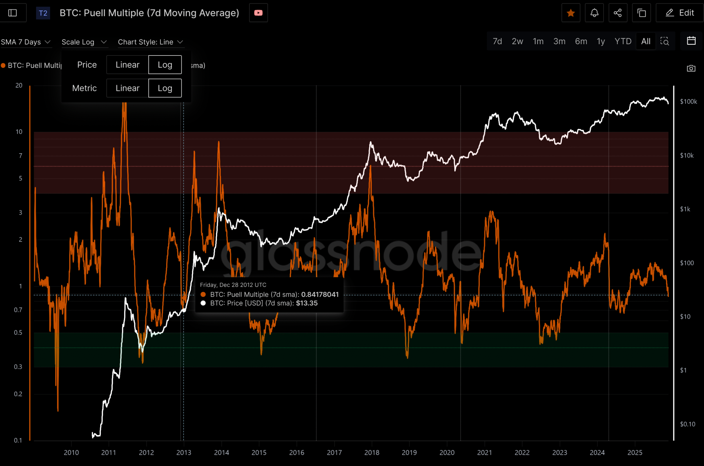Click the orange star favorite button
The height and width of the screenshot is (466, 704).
click(x=571, y=13)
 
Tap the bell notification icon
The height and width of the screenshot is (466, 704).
click(x=594, y=13)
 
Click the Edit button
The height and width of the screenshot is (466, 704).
click(x=680, y=13)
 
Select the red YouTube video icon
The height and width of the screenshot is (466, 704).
click(x=258, y=13)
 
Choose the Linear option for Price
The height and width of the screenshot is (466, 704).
click(x=127, y=64)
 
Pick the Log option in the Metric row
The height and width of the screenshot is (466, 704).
click(x=165, y=88)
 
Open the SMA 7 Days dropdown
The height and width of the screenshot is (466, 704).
click(x=26, y=42)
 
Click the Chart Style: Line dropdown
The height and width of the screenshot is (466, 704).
click(x=150, y=42)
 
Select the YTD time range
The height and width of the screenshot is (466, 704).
click(x=623, y=41)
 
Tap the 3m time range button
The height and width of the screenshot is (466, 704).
click(x=559, y=41)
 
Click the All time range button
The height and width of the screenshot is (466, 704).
click(x=646, y=41)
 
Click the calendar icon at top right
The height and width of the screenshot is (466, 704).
click(x=691, y=41)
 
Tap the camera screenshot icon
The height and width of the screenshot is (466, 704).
click(x=691, y=68)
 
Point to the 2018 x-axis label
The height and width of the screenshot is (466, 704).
click(x=372, y=452)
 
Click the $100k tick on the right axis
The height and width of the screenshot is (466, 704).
click(x=688, y=102)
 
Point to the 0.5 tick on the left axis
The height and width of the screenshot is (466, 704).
click(x=18, y=333)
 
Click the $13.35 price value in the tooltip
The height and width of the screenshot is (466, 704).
click(x=307, y=303)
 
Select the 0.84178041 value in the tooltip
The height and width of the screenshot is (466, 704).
click(x=320, y=295)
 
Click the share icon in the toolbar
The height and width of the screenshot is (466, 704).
click(x=618, y=13)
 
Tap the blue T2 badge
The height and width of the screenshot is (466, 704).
click(x=43, y=13)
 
